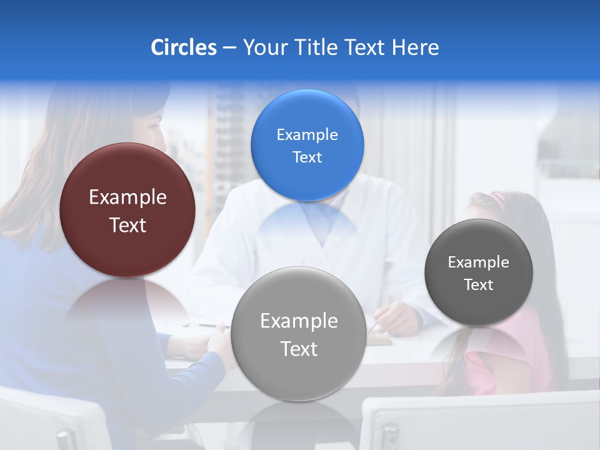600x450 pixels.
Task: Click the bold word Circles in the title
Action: (x=183, y=47)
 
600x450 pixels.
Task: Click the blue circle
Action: (x=307, y=145)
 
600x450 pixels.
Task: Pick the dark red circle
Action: (x=127, y=210)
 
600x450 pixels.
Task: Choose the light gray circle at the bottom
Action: (x=298, y=334)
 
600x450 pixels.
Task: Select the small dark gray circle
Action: (x=478, y=272)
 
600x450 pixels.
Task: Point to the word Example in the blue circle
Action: (x=307, y=134)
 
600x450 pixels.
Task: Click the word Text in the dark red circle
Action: (x=127, y=225)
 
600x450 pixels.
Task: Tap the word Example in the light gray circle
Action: (x=299, y=321)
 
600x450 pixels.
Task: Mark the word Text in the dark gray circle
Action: (x=479, y=285)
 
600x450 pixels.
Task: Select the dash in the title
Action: (x=229, y=48)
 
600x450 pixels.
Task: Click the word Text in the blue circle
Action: (x=307, y=157)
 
